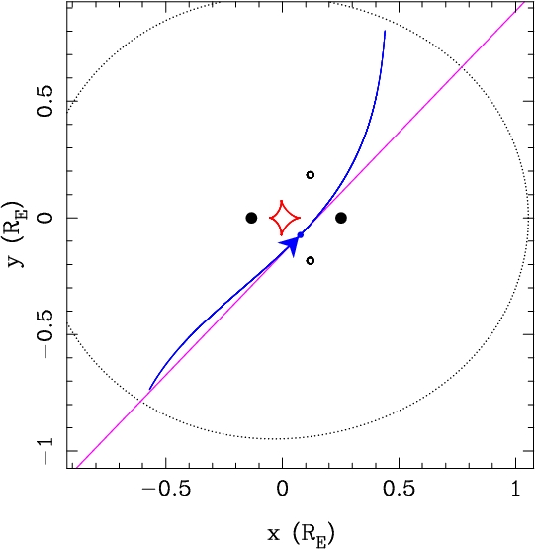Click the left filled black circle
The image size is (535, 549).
pyautogui.click(x=251, y=218)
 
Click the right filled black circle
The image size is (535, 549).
pyautogui.click(x=341, y=218)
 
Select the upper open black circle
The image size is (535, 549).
pyautogui.click(x=311, y=175)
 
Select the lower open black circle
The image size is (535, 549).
pyautogui.click(x=311, y=260)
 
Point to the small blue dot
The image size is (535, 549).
pyautogui.click(x=300, y=235)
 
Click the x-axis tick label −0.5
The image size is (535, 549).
pyautogui.click(x=166, y=488)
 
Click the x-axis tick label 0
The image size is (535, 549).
pyautogui.click(x=282, y=488)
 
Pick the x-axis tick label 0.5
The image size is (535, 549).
pyautogui.click(x=399, y=488)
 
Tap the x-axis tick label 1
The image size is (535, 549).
pyautogui.click(x=516, y=488)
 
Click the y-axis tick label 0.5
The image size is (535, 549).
pyautogui.click(x=45, y=101)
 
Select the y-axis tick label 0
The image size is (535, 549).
pyautogui.click(x=45, y=218)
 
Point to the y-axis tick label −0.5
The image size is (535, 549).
pyautogui.click(x=45, y=334)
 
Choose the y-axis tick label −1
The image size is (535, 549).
pyautogui.click(x=45, y=452)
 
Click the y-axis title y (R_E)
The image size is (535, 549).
pyautogui.click(x=15, y=234)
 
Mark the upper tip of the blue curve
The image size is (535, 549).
pyautogui.click(x=385, y=31)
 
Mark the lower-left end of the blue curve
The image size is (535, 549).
pyautogui.click(x=149, y=389)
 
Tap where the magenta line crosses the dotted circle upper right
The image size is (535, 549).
pyautogui.click(x=463, y=66)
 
